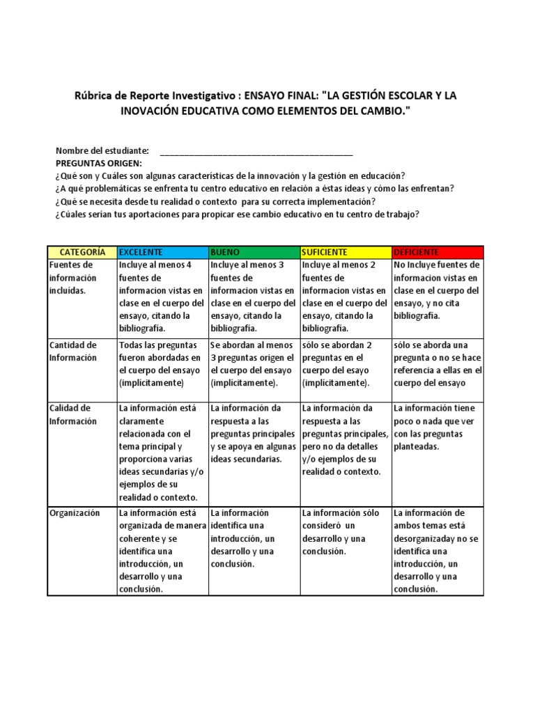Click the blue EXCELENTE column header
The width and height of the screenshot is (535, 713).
tap(162, 251)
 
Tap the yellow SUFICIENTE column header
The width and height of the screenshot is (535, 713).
tap(345, 251)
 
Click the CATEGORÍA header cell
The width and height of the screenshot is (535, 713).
tap(82, 251)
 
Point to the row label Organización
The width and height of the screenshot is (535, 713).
tap(75, 513)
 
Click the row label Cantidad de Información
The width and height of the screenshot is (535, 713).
tap(73, 352)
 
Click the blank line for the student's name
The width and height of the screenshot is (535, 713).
tap(256, 151)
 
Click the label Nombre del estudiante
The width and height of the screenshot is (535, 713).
tap(102, 151)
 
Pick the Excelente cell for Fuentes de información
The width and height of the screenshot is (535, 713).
tap(162, 290)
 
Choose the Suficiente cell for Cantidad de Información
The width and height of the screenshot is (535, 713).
tap(345, 364)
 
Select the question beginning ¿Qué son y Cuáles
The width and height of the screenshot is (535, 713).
tap(230, 175)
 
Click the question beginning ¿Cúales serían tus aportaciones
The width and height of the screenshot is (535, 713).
tap(236, 214)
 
